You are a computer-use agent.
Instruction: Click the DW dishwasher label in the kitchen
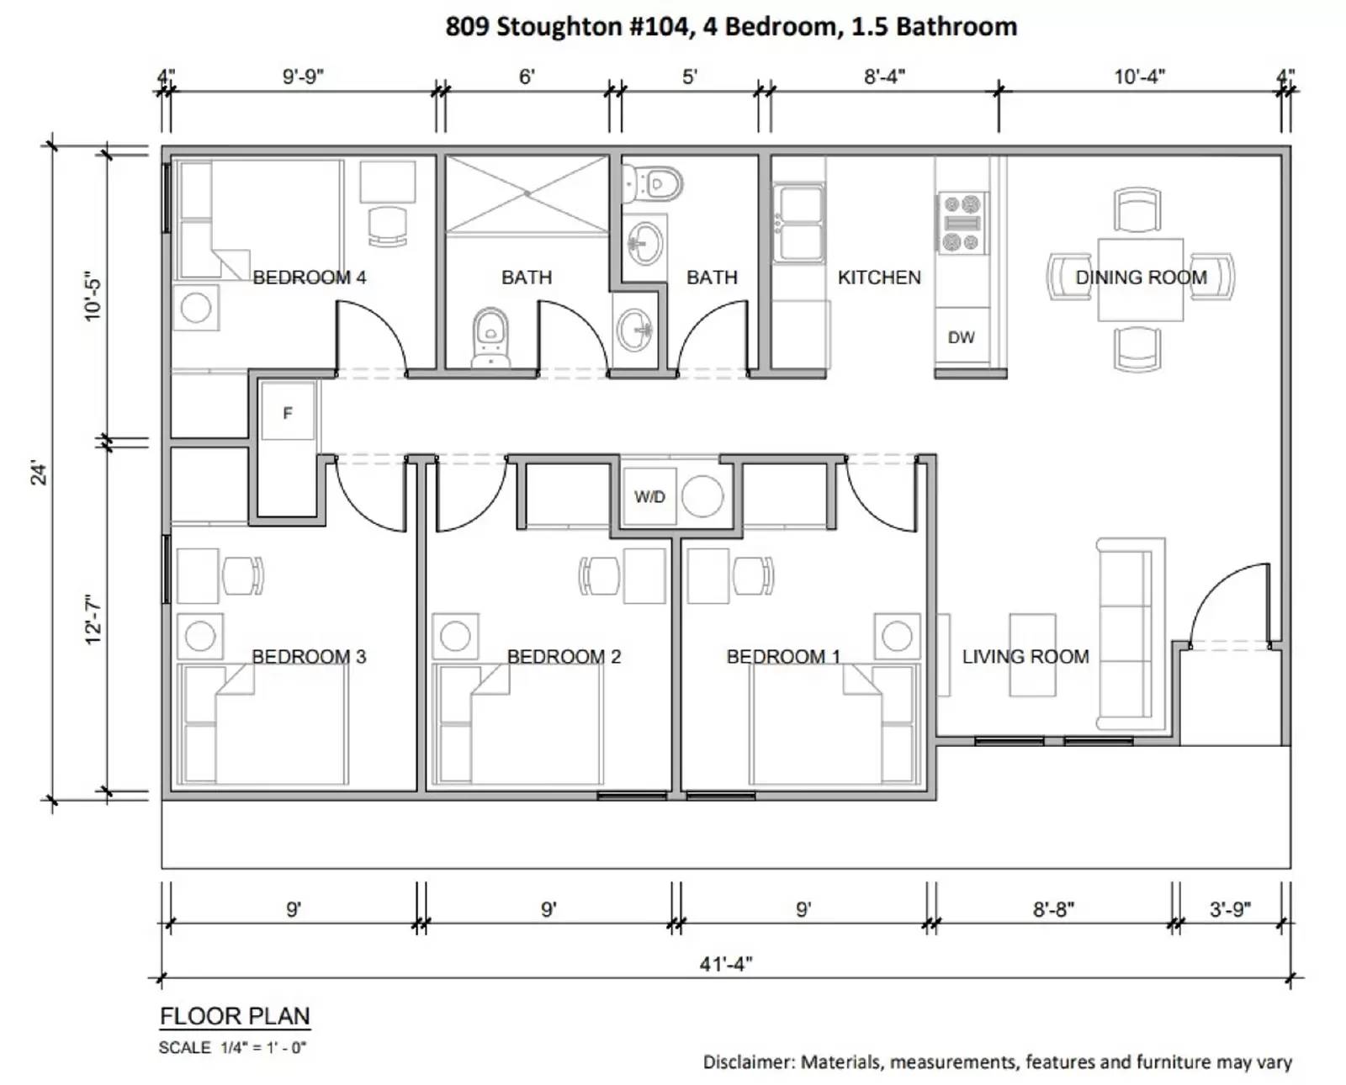click(x=961, y=337)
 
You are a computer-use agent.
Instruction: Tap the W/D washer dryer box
click(x=649, y=497)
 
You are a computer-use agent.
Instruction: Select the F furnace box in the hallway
click(x=288, y=412)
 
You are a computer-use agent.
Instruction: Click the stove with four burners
click(x=962, y=224)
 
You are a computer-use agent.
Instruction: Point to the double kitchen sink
click(x=798, y=223)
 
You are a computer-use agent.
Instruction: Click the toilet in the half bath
click(x=654, y=183)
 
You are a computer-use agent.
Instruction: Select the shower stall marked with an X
click(x=527, y=193)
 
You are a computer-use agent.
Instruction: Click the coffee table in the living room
click(x=1032, y=654)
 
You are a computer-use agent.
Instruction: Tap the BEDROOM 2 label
click(x=564, y=657)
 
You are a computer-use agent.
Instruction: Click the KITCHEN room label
click(x=879, y=278)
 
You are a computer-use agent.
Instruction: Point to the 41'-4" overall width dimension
click(x=726, y=964)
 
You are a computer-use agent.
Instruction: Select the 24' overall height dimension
click(x=39, y=473)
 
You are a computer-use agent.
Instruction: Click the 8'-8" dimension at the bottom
click(x=1053, y=909)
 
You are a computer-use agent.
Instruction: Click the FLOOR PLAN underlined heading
click(x=235, y=1016)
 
